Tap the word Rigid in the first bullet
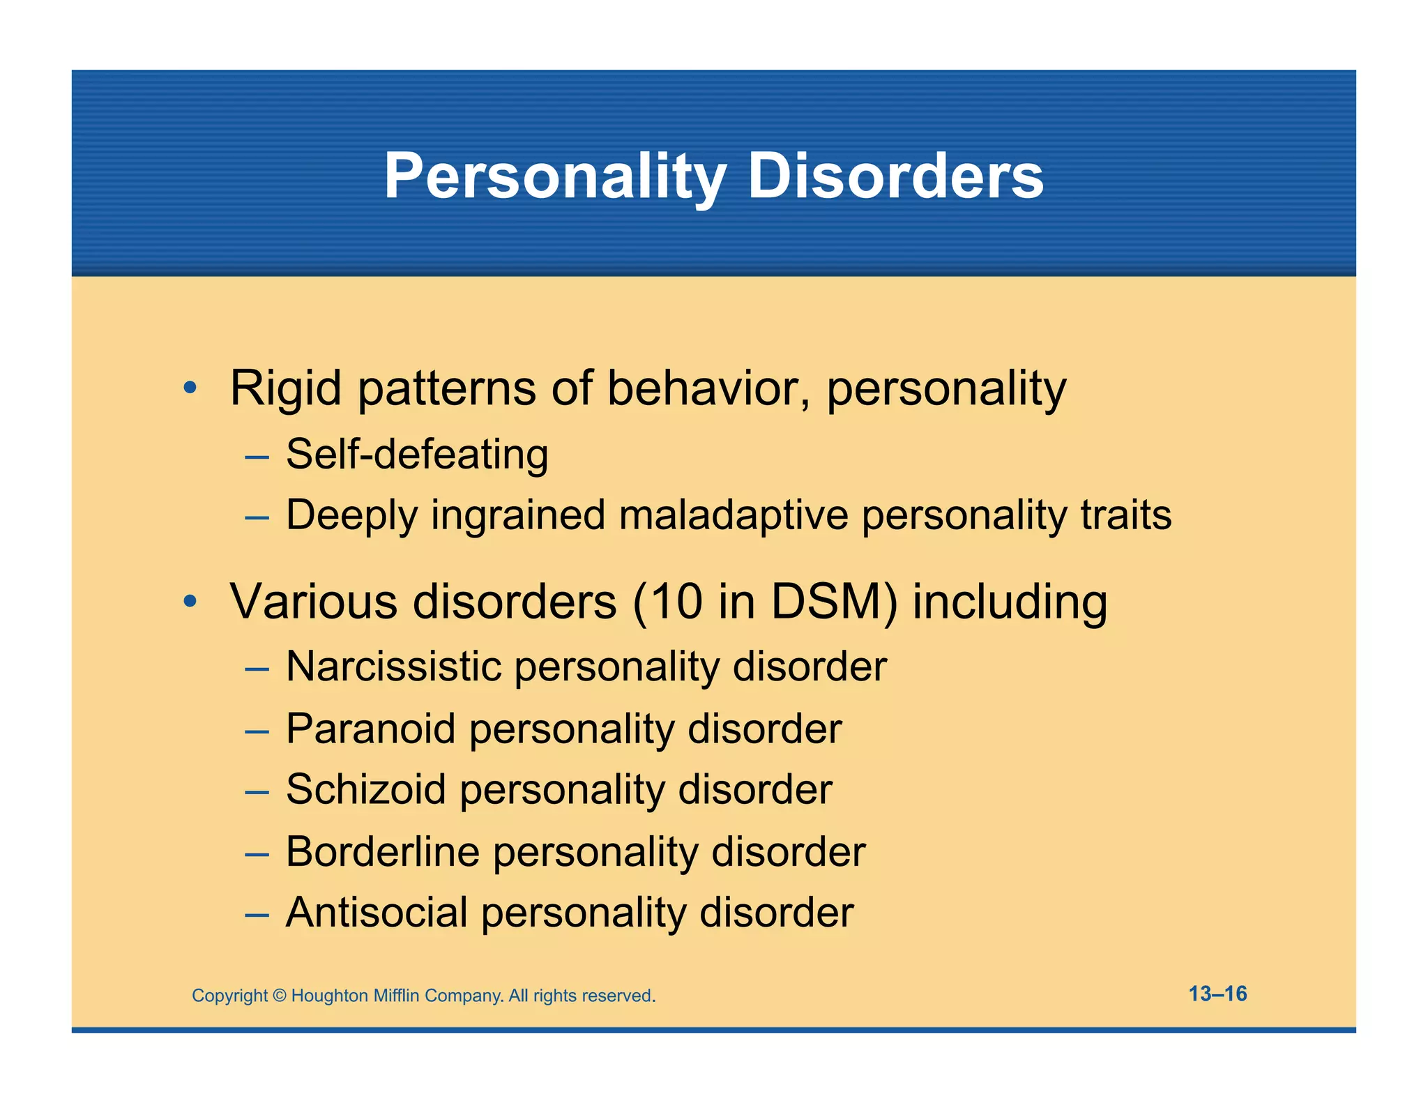click(285, 388)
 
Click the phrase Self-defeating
click(417, 455)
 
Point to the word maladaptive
click(734, 515)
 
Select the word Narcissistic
click(394, 667)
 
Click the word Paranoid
click(371, 729)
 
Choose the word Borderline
click(383, 851)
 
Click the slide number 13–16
click(1217, 994)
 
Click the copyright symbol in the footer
click(280, 996)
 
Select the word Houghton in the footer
click(329, 996)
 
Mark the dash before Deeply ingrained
click(257, 518)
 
